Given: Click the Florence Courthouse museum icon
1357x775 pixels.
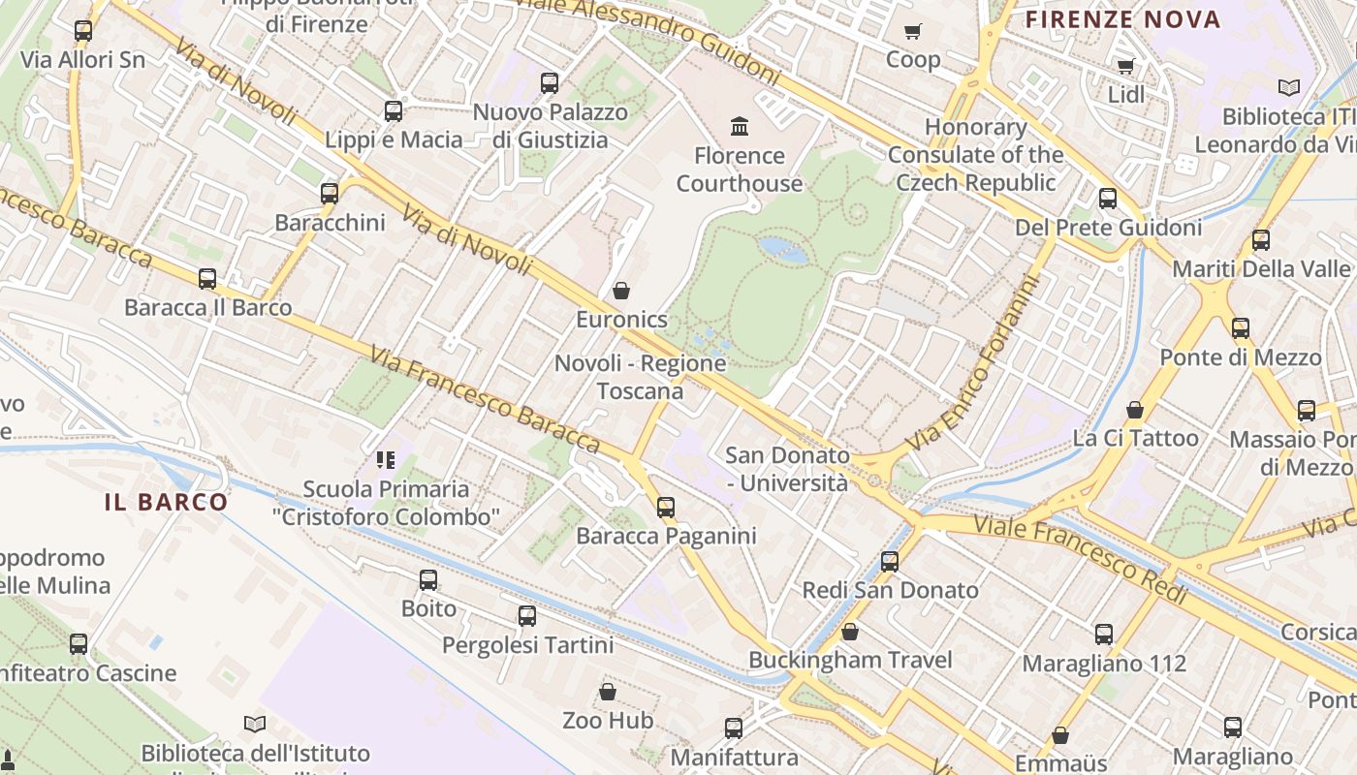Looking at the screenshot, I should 741,126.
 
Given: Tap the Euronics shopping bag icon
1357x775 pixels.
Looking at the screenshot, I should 621,291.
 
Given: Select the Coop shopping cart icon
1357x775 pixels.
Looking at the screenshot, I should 912,32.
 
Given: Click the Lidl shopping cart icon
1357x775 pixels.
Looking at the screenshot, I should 1125,67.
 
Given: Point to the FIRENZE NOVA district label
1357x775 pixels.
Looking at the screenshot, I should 1123,18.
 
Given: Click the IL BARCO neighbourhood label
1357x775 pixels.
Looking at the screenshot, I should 166,502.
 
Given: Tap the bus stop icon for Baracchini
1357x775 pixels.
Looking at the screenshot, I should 330,193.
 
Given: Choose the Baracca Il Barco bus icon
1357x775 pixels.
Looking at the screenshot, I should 207,279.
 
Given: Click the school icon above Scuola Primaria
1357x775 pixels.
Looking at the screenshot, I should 386,460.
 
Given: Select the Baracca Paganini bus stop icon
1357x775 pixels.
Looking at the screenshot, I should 666,507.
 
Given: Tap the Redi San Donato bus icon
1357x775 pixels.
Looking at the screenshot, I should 890,561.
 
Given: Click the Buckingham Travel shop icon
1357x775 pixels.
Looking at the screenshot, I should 850,632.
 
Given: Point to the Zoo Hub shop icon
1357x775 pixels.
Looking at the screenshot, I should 608,692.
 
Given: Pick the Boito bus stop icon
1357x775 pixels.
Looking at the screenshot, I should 428,580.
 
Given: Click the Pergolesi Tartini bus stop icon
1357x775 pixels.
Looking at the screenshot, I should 527,615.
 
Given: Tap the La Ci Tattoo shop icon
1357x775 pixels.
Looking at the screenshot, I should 1135,410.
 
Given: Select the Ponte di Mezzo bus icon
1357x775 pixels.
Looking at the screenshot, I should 1241,328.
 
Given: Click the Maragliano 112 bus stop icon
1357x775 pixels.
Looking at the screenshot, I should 1104,635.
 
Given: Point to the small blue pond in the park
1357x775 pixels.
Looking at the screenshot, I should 783,250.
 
